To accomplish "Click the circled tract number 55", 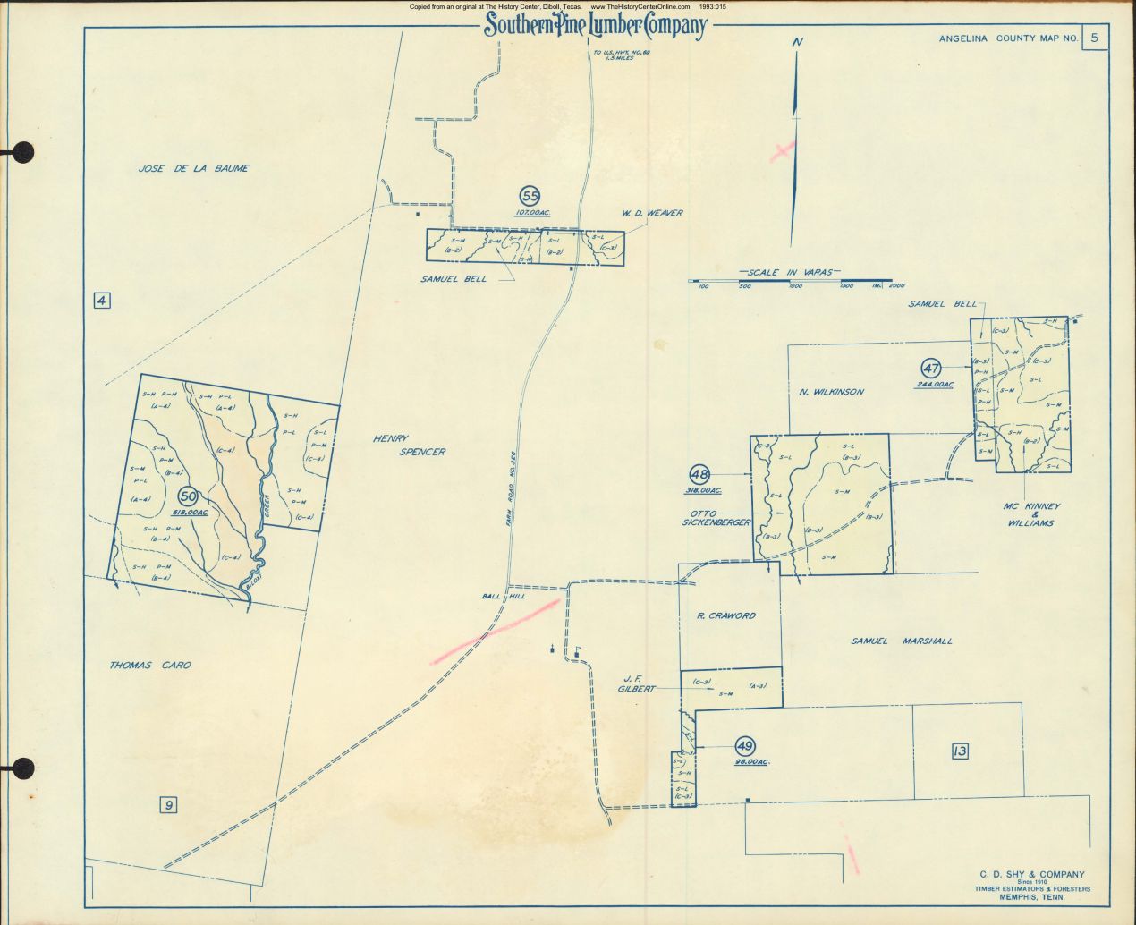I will click(x=530, y=196).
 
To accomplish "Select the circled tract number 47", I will click(x=930, y=368).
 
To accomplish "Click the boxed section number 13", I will click(x=960, y=751).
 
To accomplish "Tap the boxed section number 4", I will click(x=102, y=301).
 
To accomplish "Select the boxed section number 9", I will click(x=167, y=805).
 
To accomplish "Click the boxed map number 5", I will click(x=1094, y=38).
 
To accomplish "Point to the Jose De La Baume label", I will click(x=193, y=168).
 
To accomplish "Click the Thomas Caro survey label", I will click(x=150, y=666).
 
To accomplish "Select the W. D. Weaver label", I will click(x=652, y=213).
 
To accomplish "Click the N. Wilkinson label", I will click(x=831, y=392).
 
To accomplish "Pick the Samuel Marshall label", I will click(x=901, y=641).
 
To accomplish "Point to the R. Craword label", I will click(x=725, y=615).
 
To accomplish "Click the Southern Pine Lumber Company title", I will click(x=595, y=27).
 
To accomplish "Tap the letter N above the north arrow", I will click(x=797, y=42).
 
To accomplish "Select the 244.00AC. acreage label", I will click(x=935, y=385).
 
